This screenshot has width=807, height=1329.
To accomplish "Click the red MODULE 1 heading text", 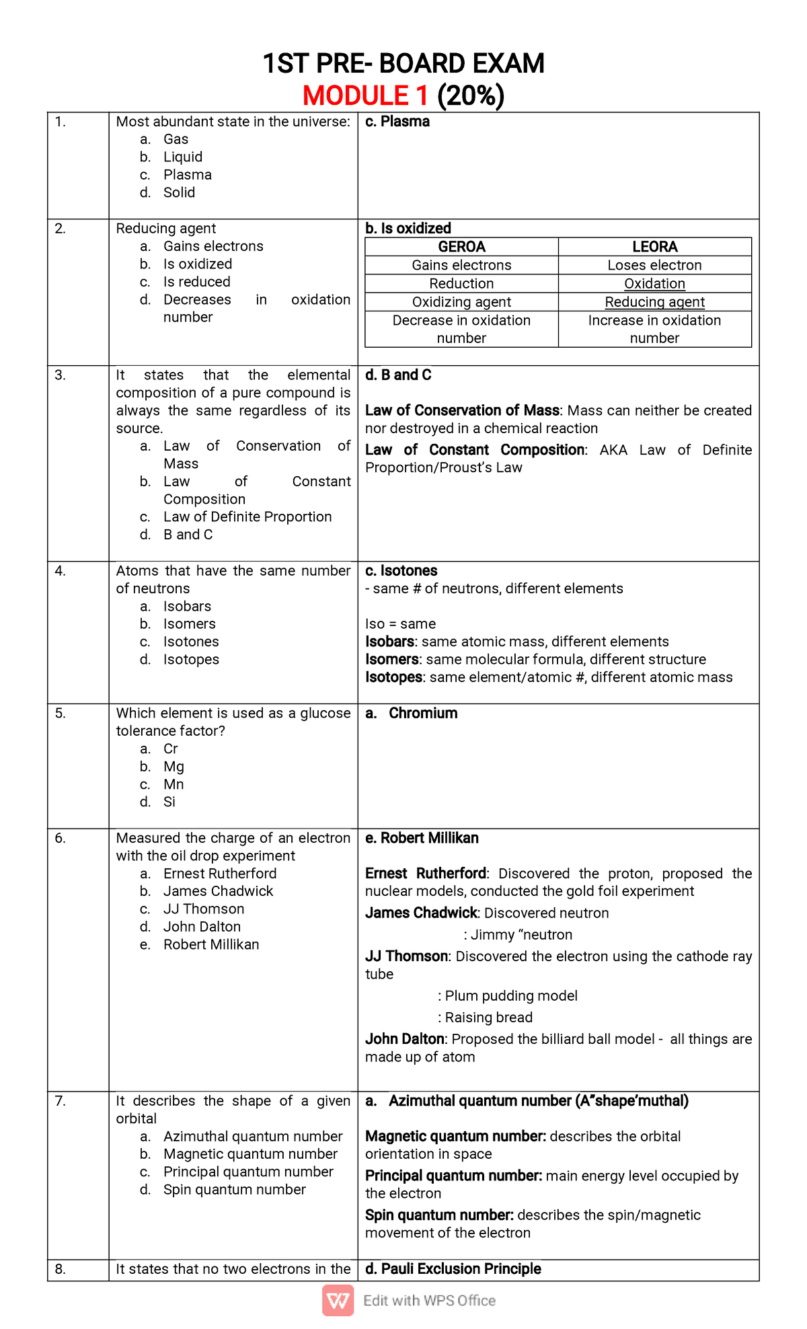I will (364, 96).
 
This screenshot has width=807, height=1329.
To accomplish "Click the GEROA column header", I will (461, 247).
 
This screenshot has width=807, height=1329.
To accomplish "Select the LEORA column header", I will (654, 247).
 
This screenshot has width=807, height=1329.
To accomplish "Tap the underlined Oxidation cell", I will (654, 284).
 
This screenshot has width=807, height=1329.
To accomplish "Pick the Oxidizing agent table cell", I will (461, 302).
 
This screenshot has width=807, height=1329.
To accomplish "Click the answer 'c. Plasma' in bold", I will (397, 122).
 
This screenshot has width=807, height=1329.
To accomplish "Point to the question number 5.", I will (61, 713).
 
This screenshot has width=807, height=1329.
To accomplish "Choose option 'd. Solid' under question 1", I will (178, 192).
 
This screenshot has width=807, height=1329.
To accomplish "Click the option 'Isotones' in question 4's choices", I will (191, 642).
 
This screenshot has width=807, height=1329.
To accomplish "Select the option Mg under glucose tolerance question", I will (174, 767).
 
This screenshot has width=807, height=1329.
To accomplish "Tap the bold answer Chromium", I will (422, 713).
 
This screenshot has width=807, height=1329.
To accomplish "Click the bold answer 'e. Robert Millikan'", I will (422, 838).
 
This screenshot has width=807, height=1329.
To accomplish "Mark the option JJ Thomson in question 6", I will (203, 909).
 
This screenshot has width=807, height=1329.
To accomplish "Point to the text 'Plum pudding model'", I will (511, 996).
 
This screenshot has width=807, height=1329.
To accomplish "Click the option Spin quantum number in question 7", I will (234, 1190).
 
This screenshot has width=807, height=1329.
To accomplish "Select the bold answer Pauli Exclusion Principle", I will (453, 1269).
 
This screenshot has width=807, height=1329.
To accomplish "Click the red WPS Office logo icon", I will (338, 1300).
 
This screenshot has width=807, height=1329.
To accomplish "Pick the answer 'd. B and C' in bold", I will (398, 375).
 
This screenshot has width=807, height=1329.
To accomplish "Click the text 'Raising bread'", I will (488, 1018).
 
